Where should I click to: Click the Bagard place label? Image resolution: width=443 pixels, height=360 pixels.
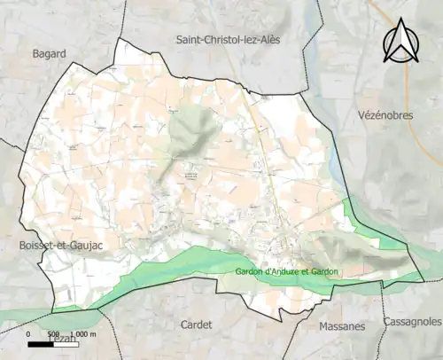50,54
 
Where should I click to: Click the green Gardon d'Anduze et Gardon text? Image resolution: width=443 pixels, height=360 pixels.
288,271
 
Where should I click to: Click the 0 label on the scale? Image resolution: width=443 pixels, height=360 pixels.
29,334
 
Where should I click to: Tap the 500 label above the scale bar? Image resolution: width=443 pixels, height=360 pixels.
55,334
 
